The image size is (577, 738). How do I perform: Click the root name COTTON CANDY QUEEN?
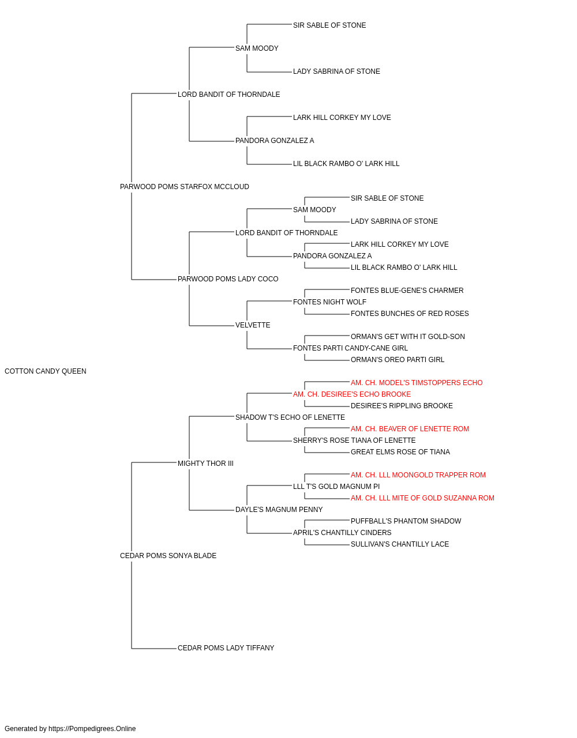coord(46,371)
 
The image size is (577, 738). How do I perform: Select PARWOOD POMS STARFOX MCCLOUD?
coord(185,187)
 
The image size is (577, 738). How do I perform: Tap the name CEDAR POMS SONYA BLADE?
coord(168,556)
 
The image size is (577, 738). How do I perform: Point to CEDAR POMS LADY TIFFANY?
coord(226,648)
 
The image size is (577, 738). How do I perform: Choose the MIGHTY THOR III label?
coord(205,464)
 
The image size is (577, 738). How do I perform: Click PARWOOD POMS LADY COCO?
coord(228,279)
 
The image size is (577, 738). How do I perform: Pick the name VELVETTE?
coord(253,325)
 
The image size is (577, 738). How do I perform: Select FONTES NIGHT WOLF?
coord(329,302)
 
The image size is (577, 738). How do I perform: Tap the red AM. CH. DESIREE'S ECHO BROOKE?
coord(352,394)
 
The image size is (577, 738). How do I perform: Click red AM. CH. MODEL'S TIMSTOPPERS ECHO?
coord(417,383)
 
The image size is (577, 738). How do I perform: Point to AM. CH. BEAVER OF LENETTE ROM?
coord(410,429)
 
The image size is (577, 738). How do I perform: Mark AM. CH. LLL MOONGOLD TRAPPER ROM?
coord(418,475)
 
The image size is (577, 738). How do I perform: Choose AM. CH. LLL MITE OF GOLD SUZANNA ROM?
coord(422,498)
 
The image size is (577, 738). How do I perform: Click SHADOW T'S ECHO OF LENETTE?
coord(290,417)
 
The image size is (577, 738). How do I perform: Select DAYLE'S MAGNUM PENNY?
coord(279,510)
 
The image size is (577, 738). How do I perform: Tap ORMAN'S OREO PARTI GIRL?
coord(398,360)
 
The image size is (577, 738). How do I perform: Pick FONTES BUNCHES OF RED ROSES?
coord(410,314)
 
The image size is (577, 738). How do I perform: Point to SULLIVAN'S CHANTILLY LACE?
coord(400,544)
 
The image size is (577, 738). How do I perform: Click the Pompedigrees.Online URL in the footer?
coord(92,729)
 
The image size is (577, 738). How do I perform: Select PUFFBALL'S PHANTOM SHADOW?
coord(406,521)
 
